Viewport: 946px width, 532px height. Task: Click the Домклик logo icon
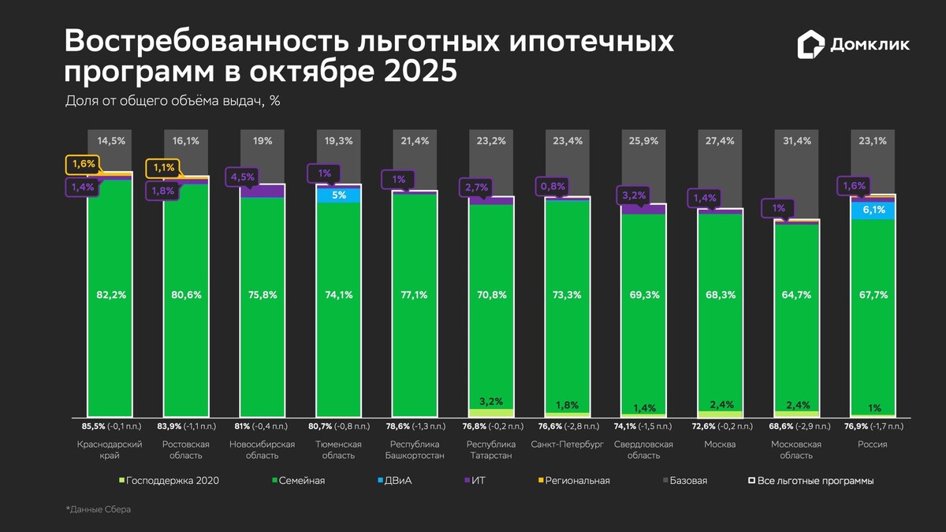tap(810, 45)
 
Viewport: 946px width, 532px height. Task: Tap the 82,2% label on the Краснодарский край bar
tap(110, 295)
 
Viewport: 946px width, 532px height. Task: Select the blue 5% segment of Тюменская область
tap(339, 195)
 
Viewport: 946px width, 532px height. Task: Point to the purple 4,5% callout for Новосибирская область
tap(242, 177)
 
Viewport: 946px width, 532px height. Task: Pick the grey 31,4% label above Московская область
tap(797, 141)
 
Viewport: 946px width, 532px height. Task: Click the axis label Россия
tap(873, 445)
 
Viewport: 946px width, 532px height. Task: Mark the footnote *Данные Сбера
tap(99, 510)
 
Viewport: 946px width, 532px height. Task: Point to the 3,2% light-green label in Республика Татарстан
tap(490, 401)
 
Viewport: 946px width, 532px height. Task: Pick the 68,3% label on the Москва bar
tap(721, 295)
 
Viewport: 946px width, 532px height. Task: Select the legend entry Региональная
tap(576, 480)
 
